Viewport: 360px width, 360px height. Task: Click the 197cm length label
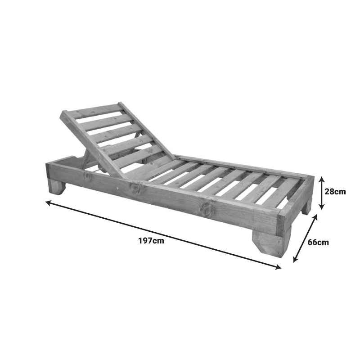(151, 240)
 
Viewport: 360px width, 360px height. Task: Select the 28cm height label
(335, 191)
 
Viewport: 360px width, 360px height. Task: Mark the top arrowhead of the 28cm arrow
(321, 179)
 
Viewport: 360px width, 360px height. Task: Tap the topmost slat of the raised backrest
(92, 111)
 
